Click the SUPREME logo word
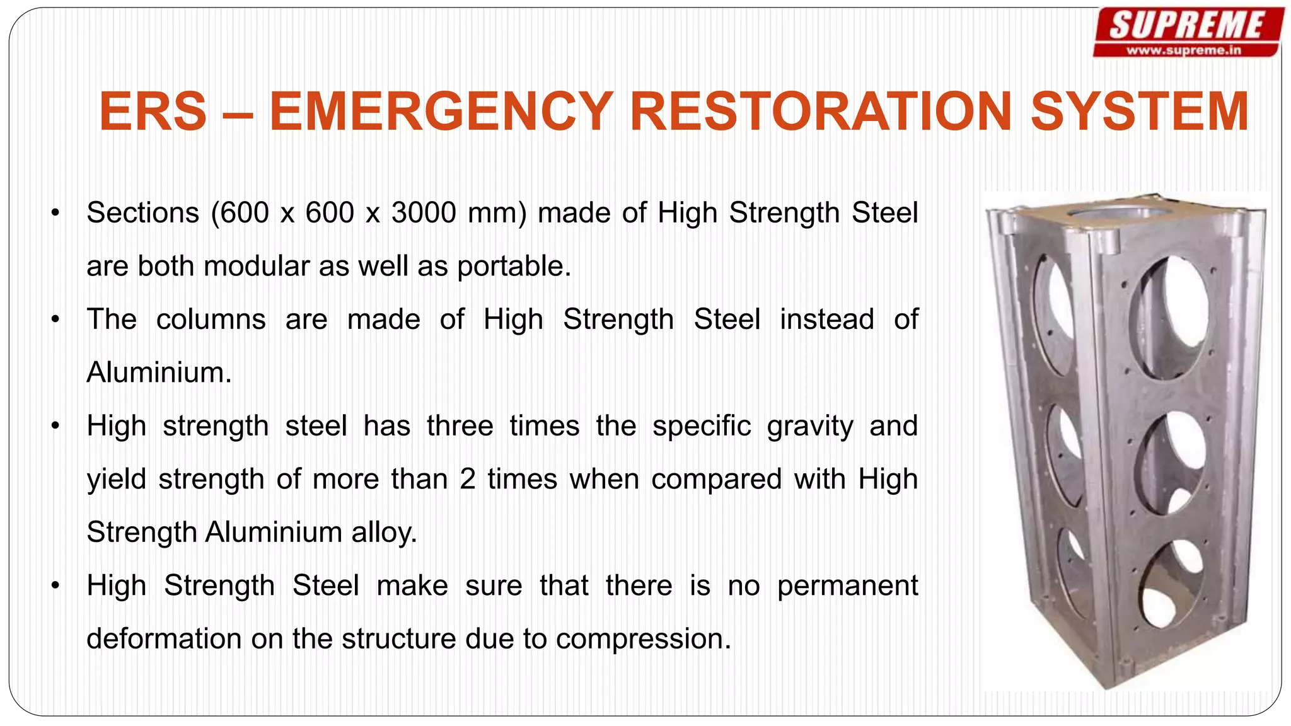tap(1187, 26)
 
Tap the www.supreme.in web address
tap(1184, 50)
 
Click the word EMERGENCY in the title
tap(441, 112)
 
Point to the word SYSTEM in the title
tap(1139, 112)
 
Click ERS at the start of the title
tap(153, 112)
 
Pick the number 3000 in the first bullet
tap(424, 213)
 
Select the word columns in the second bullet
tap(211, 320)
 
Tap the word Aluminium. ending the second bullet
tap(159, 372)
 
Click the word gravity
tap(809, 426)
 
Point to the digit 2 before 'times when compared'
tap(467, 479)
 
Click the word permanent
tap(847, 585)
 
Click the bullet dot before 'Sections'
tap(55, 213)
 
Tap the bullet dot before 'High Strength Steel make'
tap(55, 585)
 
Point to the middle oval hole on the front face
tap(1171, 463)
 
